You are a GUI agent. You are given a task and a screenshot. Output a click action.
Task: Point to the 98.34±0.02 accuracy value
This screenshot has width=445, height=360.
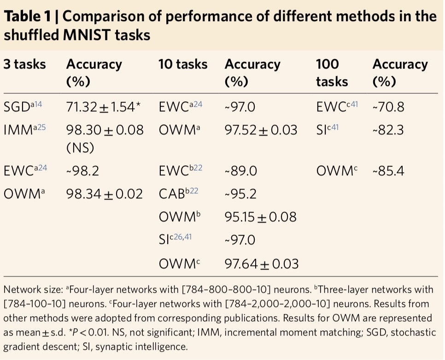point(105,193)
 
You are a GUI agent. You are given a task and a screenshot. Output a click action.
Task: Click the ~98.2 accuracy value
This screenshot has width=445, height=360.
point(82,171)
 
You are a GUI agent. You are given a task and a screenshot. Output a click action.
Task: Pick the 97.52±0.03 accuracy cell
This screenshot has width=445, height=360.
point(261,130)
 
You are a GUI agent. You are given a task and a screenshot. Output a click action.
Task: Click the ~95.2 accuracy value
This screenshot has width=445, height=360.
point(240,193)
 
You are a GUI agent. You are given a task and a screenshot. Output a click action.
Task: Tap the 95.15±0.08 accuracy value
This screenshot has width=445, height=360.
point(261,216)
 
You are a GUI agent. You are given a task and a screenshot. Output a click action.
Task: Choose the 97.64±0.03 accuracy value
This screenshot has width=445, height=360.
point(261,264)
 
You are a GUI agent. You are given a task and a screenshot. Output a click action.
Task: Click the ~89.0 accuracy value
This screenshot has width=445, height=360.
point(240,171)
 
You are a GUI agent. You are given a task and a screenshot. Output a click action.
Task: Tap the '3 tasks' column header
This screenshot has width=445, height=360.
point(25,64)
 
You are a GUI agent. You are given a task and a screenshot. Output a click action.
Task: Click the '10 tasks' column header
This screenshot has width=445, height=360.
point(183,64)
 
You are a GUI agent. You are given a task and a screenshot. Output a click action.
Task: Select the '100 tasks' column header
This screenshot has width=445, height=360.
point(332,73)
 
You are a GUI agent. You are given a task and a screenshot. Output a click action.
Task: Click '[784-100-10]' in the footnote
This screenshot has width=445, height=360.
point(35,304)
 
